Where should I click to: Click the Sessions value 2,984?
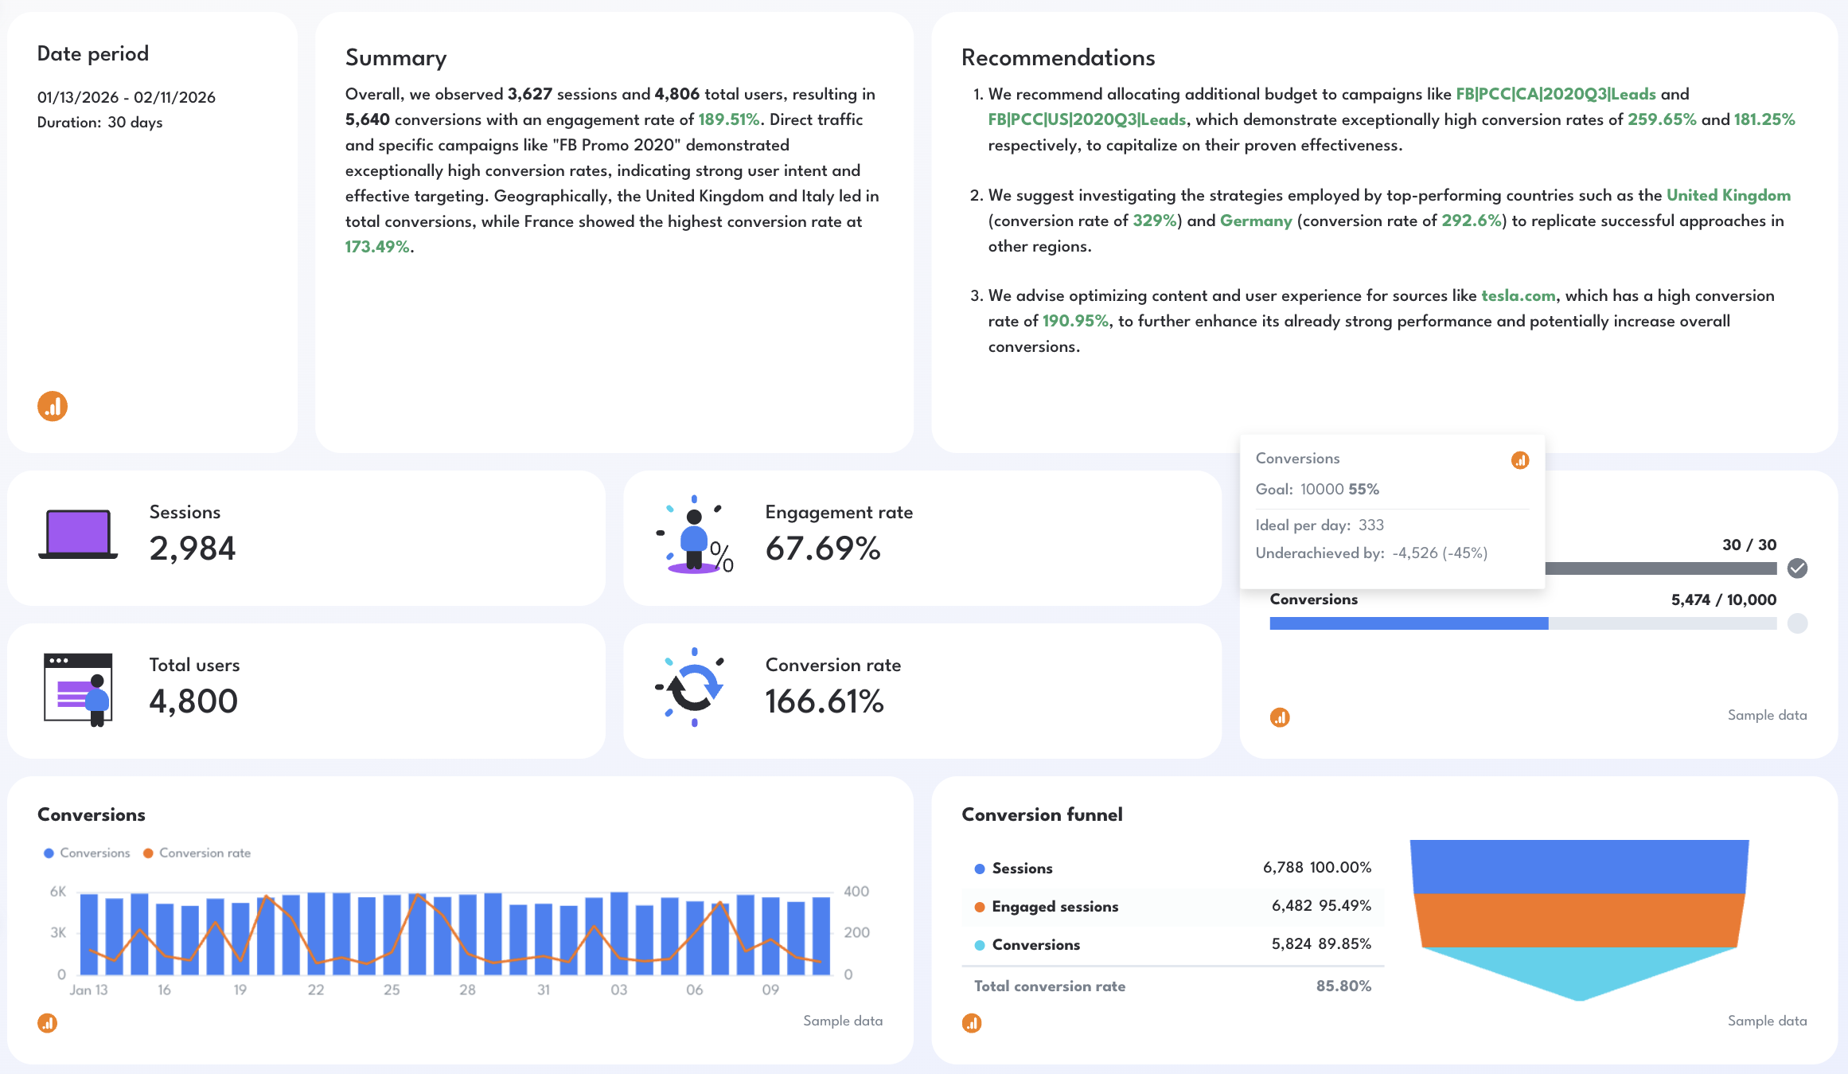192,549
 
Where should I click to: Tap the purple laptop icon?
77,534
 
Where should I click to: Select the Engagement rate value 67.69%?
822,549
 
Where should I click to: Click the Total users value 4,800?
193,701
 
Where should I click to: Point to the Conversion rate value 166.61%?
824,701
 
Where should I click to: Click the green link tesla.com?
1518,295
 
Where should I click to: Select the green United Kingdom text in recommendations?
1728,195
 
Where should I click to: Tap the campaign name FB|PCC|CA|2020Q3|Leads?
1555,94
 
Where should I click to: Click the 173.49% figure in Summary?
377,247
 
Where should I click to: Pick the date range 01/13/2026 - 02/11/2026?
127,97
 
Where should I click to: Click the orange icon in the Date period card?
53,407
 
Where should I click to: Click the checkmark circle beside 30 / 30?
1797,568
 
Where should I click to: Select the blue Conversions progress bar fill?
1409,623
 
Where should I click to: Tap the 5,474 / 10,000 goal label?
1723,599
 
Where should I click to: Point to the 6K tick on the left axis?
58,891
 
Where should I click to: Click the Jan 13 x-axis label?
88,990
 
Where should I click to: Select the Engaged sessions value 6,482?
1291,905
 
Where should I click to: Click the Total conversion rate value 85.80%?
1343,986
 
